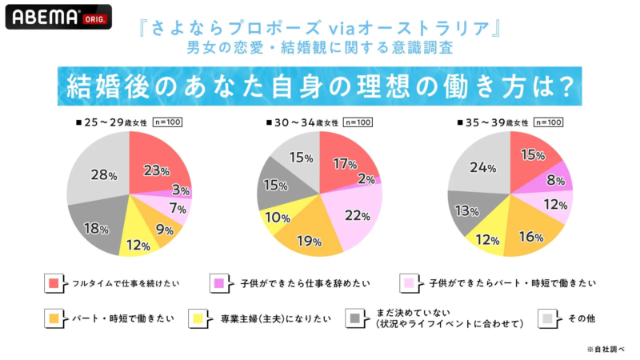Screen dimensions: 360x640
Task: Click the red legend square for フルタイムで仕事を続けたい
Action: click(54, 282)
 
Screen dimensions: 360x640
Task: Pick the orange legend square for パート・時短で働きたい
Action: click(54, 318)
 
